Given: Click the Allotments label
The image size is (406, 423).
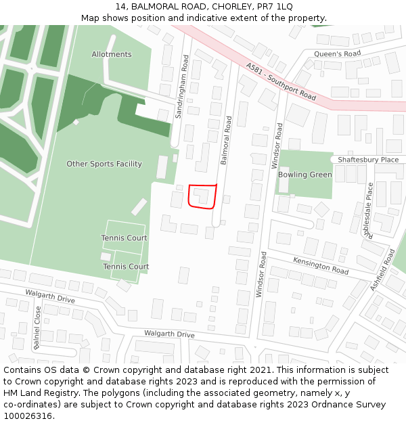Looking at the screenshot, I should click(x=112, y=54).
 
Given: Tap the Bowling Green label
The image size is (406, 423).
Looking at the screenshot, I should click(x=305, y=175).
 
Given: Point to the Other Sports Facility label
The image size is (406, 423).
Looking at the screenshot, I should click(x=104, y=164).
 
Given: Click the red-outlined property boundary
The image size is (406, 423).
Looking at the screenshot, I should click(x=202, y=196).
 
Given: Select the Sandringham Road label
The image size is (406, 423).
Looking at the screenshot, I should click(x=181, y=87).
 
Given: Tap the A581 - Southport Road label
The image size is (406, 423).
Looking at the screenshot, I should click(x=281, y=82).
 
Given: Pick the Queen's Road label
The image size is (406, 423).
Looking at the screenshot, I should click(x=338, y=53).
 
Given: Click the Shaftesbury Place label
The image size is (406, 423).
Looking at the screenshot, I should click(x=369, y=160).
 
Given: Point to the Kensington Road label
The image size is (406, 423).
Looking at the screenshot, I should click(x=320, y=265).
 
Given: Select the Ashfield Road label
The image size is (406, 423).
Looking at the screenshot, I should click(x=382, y=270).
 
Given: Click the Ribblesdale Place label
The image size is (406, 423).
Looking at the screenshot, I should click(x=369, y=210).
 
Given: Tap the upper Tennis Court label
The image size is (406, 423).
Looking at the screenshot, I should click(x=125, y=238).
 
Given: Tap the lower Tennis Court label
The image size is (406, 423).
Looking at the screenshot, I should click(x=126, y=267).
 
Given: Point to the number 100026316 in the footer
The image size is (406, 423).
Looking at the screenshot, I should click(x=28, y=416).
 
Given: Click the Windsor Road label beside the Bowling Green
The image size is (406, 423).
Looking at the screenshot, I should click(x=277, y=146).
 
